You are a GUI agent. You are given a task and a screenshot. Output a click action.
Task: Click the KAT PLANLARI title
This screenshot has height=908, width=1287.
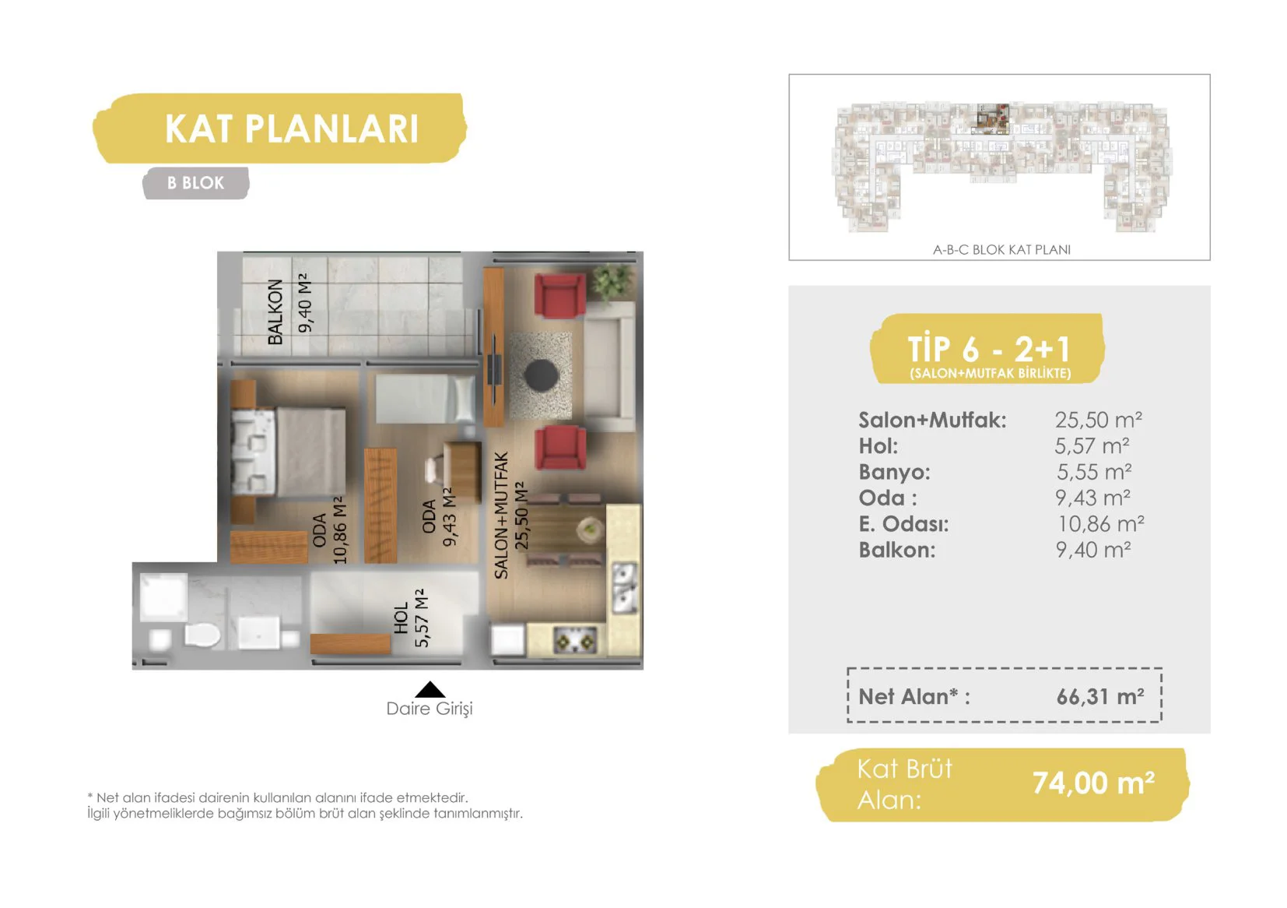pos(291,128)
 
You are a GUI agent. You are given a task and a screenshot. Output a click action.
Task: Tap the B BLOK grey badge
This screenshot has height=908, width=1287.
pos(196,183)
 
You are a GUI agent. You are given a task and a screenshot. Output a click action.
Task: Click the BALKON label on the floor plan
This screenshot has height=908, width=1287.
pos(275,311)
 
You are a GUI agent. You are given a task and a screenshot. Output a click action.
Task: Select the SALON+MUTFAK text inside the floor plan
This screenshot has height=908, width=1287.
pos(501,516)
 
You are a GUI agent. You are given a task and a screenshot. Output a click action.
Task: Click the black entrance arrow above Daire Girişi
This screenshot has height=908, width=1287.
pos(430,689)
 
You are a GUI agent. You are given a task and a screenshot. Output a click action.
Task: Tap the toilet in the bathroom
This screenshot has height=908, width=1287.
pos(202,636)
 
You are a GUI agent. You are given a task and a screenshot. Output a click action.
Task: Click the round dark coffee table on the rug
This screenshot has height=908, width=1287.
pos(542,375)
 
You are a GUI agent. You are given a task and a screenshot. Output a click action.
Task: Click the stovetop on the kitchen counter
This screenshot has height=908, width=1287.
pos(574,640)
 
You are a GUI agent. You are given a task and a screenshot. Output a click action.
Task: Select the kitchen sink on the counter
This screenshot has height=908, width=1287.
pos(624,587)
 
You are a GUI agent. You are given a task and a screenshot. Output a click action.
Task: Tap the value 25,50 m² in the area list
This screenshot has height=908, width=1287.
pos(1098,421)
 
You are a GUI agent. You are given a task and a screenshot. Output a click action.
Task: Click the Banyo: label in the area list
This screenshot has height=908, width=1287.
pos(894,472)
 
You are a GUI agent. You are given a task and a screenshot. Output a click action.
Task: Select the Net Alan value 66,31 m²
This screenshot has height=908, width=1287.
pos(1100,696)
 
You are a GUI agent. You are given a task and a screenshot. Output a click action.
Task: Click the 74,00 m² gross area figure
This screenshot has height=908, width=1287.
pos(1093,783)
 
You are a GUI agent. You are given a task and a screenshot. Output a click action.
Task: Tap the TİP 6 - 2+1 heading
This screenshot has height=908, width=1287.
pos(989,348)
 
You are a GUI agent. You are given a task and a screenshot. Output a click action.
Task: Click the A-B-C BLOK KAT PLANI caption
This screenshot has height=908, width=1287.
pos(1001,249)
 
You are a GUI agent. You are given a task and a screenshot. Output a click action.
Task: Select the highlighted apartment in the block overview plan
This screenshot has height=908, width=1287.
pos(993,118)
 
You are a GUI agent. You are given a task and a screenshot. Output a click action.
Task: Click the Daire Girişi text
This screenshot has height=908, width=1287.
pos(430,709)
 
